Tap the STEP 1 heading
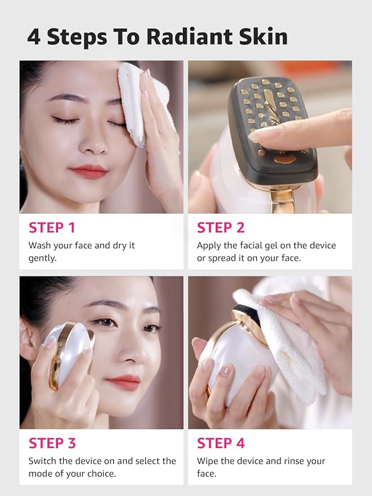pos(52,228)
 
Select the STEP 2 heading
pos(221,228)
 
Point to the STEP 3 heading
pos(52,443)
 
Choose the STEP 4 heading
pos(221,443)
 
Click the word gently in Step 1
pos(43,258)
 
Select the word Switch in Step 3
pos(42,461)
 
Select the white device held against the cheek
pos(68,355)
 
